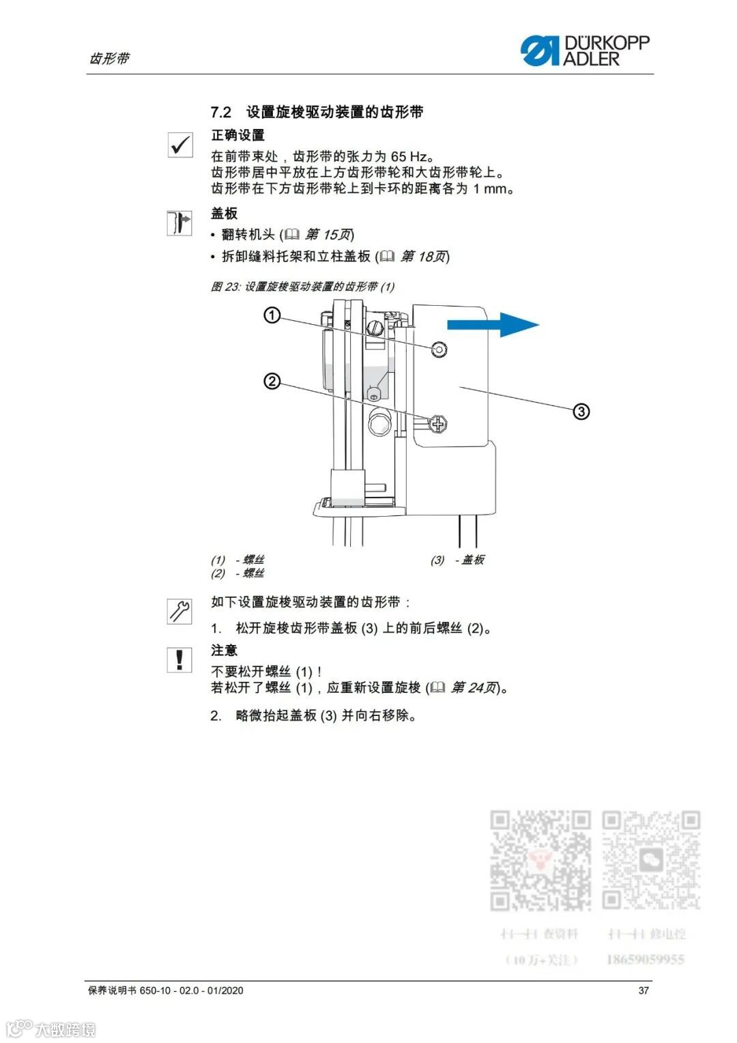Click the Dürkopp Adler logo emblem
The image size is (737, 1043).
pos(540,51)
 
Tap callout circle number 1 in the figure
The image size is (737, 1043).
pos(272,315)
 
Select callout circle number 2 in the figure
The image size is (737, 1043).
pos(272,381)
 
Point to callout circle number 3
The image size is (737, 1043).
pos(581,412)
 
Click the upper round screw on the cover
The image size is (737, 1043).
pos(440,349)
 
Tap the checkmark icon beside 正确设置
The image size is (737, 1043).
pos(180,145)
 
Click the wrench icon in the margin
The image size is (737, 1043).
pos(180,610)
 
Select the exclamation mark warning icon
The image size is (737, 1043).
pos(179,659)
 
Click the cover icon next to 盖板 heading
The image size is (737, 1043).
pos(180,223)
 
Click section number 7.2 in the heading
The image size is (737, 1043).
pos(221,112)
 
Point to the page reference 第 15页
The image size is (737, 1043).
pos(329,235)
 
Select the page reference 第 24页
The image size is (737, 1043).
pos(475,687)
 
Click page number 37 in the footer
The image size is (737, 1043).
pos(644,990)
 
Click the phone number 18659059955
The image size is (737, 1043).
pos(645,959)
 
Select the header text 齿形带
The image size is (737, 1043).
pos(109,59)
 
